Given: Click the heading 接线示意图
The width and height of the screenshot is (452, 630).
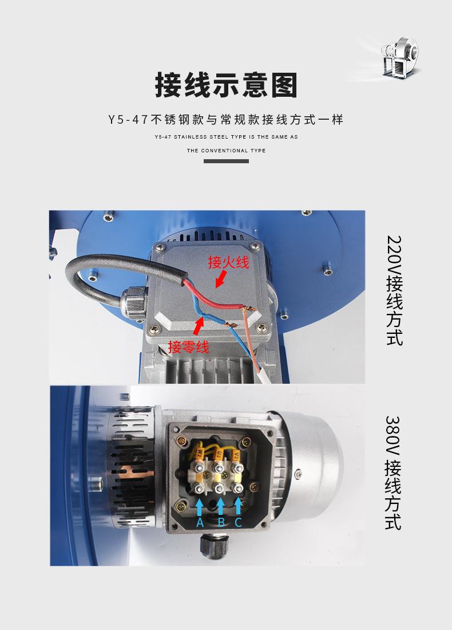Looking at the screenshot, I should click(226, 85).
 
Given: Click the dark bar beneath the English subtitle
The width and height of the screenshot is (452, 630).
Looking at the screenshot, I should click(226, 161).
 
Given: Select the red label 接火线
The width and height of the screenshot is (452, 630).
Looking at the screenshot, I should click(228, 263).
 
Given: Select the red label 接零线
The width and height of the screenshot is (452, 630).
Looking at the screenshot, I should click(188, 346).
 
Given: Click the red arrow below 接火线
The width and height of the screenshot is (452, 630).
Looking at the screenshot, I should click(220, 279).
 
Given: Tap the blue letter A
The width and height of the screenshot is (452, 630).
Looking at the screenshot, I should click(200, 522).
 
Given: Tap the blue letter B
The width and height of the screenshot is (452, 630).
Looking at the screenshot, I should click(221, 522).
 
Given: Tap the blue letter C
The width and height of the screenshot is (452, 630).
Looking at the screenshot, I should click(239, 522).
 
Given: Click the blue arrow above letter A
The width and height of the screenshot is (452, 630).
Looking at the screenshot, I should click(200, 507).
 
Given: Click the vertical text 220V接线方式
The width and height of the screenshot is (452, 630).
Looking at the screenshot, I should click(394, 290).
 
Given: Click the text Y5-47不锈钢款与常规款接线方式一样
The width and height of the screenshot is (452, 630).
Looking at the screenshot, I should click(226, 120).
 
